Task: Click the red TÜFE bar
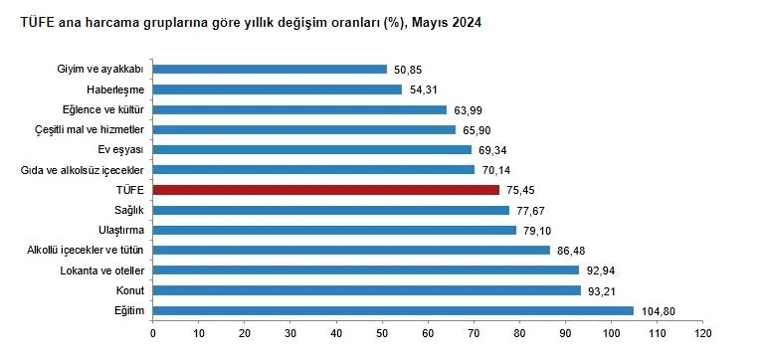pos(326,189)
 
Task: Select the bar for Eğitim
pos(393,310)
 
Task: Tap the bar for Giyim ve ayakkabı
pos(270,69)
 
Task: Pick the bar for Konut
pos(366,290)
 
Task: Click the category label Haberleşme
pos(117,90)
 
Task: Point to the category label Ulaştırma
pos(120,230)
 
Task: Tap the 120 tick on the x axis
pos(703,332)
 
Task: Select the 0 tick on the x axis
pos(152,332)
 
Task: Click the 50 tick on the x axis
pos(382,332)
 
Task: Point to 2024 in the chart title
pos(466,22)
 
